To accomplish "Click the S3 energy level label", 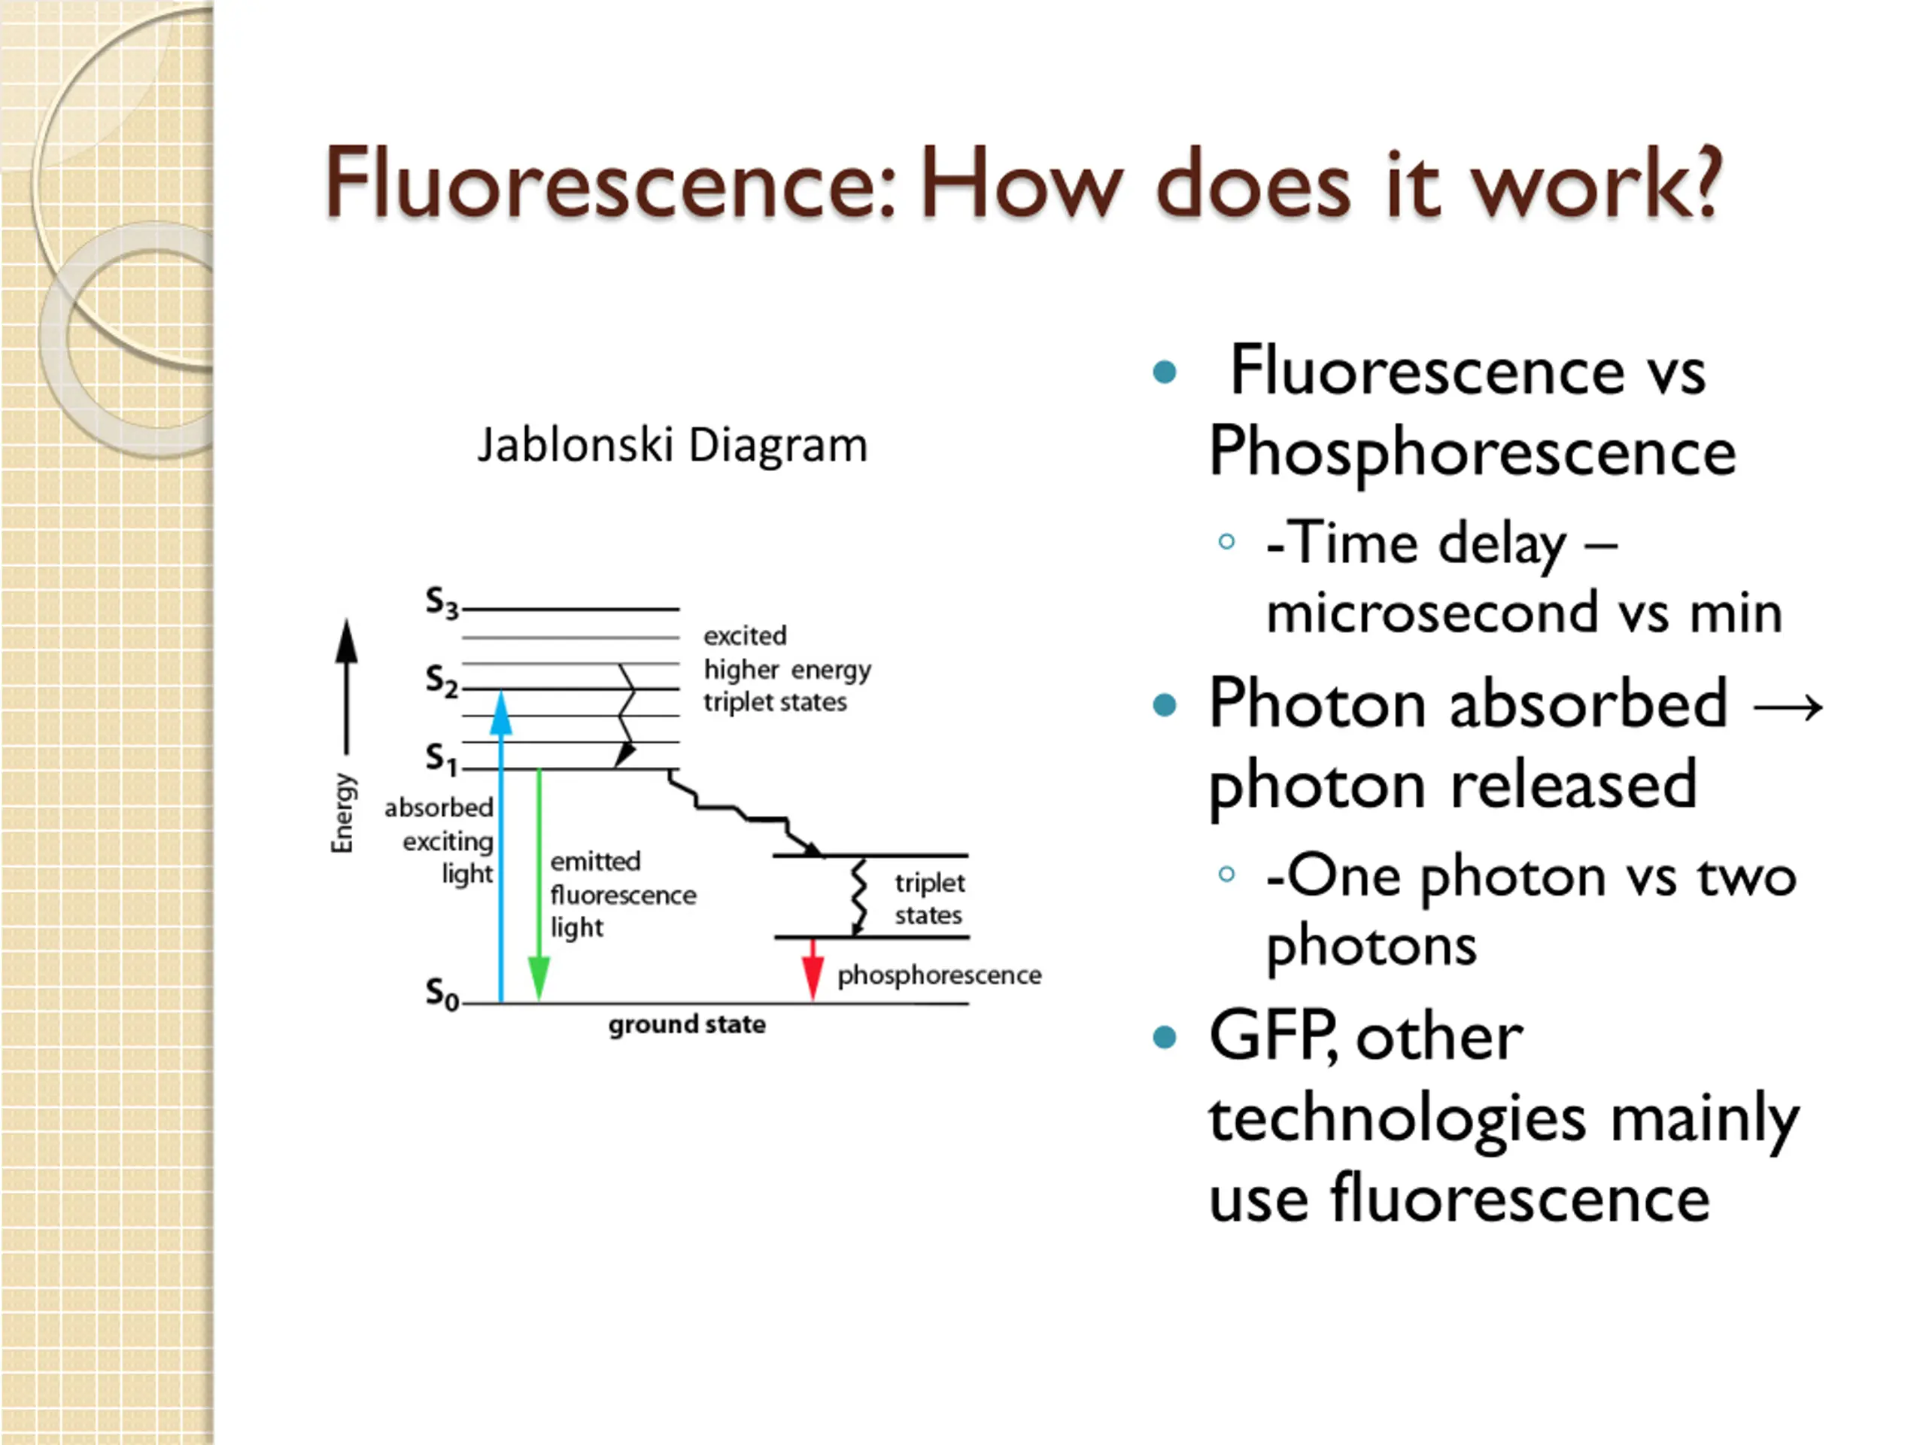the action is click(442, 603).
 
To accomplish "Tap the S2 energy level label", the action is click(442, 681).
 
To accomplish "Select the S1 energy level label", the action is click(442, 759).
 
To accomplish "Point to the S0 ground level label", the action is click(442, 994).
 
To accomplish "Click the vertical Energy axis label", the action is click(343, 814).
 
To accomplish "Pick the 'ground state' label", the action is click(687, 1024).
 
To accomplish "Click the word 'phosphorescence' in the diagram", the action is click(939, 975).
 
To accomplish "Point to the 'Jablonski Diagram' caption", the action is click(672, 445).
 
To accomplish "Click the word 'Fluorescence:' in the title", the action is click(609, 183).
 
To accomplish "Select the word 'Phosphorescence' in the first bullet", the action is click(1472, 452).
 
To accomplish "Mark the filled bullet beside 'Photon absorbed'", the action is click(1164, 704).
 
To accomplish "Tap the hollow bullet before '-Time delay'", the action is click(1227, 542).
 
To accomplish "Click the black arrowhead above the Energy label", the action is click(347, 641).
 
